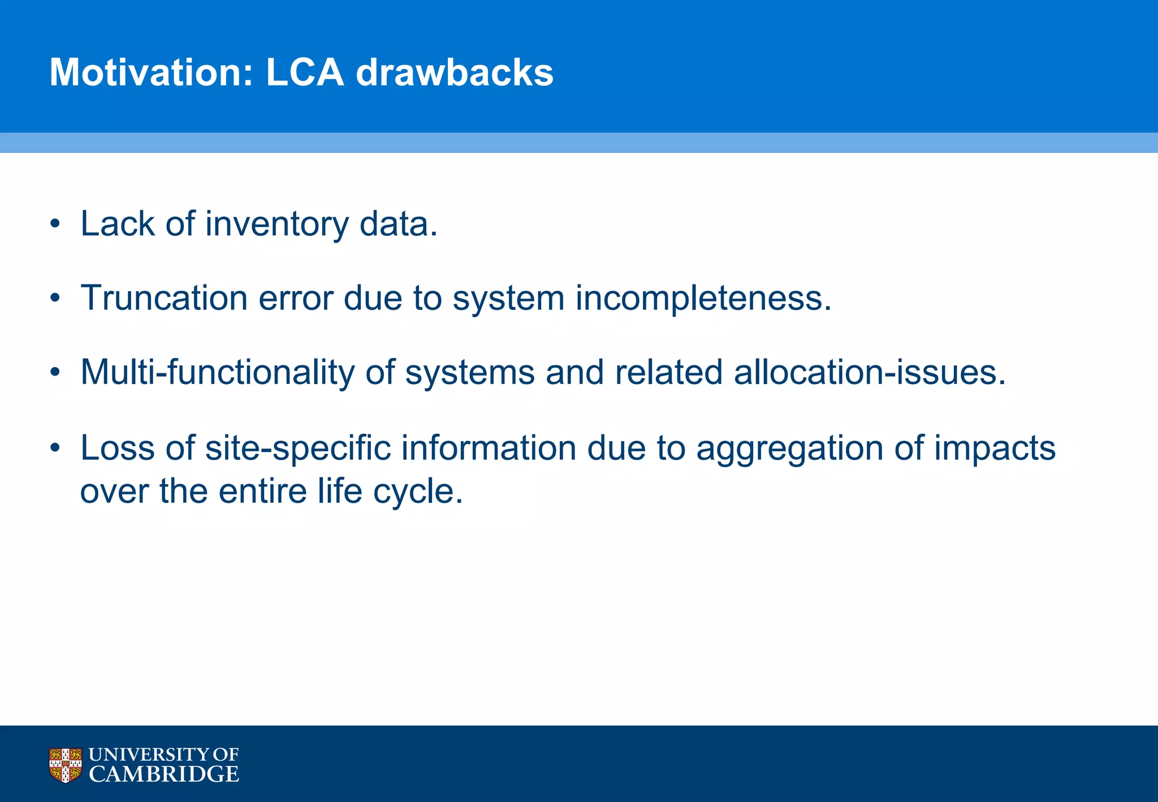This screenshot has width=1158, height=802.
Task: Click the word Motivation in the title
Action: pos(152,72)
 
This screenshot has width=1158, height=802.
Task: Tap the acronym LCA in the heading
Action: pos(305,72)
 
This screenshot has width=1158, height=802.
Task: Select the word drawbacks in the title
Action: pos(455,72)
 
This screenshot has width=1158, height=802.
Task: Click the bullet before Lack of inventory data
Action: pos(55,224)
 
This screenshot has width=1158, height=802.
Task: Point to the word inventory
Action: pos(277,224)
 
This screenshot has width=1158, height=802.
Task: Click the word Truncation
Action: pos(164,298)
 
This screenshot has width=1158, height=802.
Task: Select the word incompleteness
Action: pos(703,298)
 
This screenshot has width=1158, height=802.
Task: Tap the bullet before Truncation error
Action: pos(55,298)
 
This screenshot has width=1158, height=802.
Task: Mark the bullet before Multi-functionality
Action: pos(55,373)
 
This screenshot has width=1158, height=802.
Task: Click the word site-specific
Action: pos(298,448)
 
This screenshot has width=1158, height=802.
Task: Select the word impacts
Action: pos(995,448)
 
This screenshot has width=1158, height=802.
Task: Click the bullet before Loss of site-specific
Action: pos(55,448)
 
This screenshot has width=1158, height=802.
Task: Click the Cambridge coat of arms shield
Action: pos(66,765)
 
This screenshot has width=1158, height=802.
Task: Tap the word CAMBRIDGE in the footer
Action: pos(164,774)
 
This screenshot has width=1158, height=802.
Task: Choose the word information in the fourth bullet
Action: pos(490,448)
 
